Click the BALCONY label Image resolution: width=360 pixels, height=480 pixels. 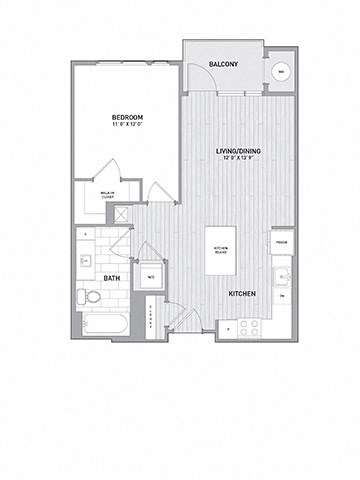[222, 65]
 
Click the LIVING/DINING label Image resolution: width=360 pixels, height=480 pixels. [237, 150]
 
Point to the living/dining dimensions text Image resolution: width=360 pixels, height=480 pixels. [237, 158]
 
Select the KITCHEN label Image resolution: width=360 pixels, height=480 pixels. [245, 292]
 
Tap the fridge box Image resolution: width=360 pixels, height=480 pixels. [282, 243]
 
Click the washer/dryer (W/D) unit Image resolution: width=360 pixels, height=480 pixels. [150, 276]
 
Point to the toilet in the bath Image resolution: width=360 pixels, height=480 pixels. [89, 295]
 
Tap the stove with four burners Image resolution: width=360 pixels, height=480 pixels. [250, 326]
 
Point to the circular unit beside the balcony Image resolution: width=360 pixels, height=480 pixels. [282, 72]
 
